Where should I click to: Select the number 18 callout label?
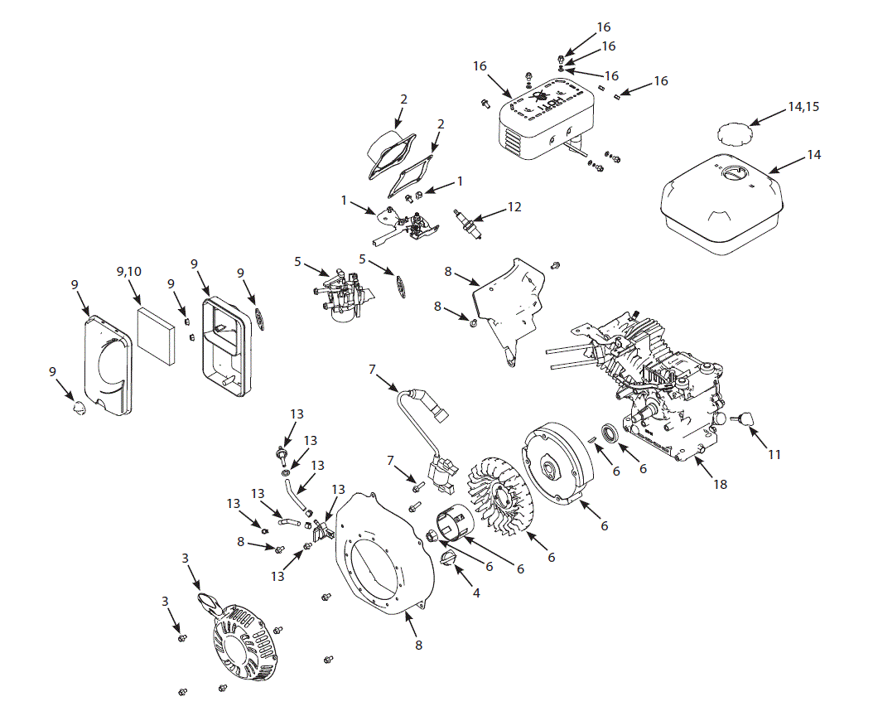tap(720, 483)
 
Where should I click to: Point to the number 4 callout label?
tap(475, 593)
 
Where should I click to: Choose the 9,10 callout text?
tap(129, 271)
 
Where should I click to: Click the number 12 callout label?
tap(514, 207)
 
